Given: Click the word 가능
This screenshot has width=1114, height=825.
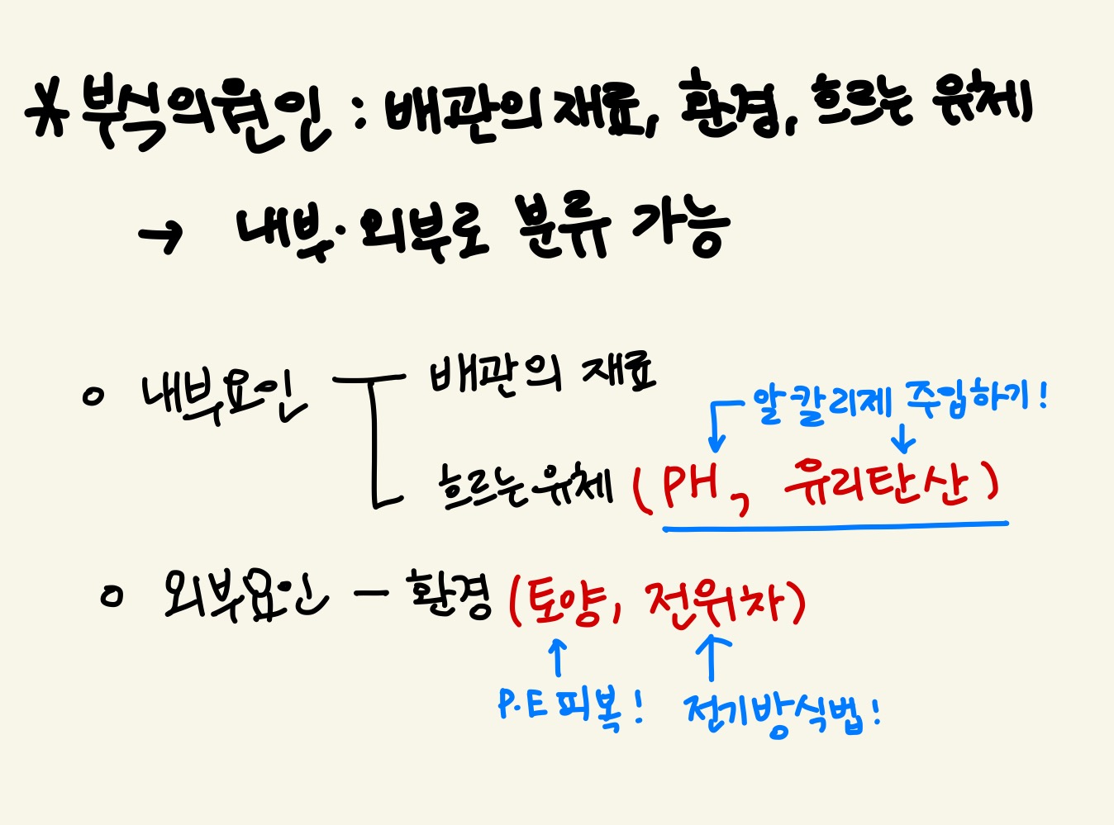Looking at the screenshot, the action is [x=680, y=226].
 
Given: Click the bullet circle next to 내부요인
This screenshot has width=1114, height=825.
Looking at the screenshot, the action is [x=93, y=396].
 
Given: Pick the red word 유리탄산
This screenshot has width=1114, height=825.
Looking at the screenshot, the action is [x=876, y=483].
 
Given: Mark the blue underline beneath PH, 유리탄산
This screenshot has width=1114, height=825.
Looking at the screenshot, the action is [x=835, y=524].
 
